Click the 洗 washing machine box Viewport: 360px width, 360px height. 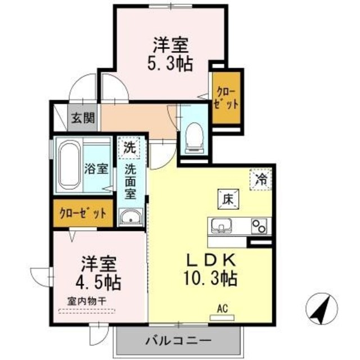[129, 148]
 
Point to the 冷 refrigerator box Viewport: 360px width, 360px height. [261, 180]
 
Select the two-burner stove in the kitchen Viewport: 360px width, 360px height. [259, 226]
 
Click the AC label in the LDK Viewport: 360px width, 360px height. [222, 308]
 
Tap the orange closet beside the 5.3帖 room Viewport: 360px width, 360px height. [227, 98]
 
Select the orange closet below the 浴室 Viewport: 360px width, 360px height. [83, 213]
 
